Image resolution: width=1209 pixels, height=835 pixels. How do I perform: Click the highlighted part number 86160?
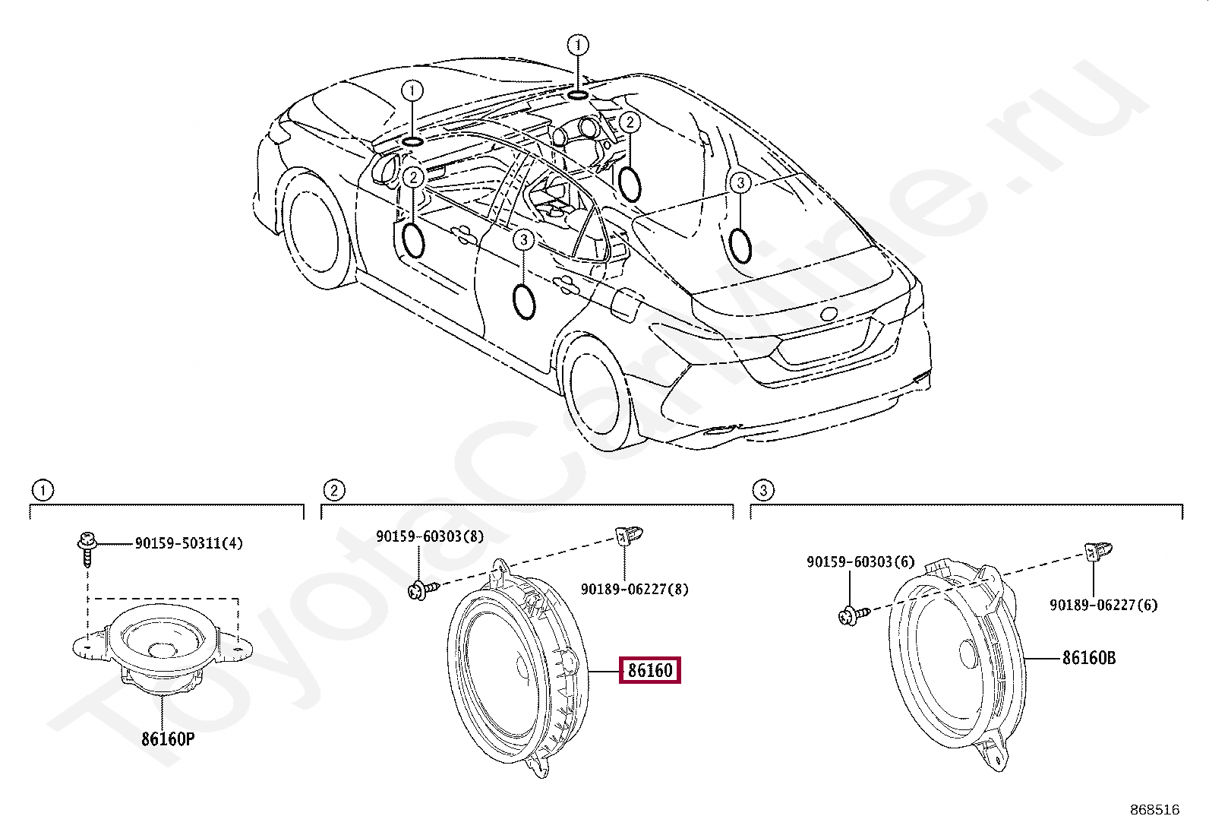point(650,670)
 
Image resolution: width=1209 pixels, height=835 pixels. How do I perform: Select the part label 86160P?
point(168,739)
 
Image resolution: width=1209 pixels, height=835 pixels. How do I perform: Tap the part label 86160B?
point(1088,658)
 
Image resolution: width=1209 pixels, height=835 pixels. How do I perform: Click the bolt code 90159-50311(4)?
point(189,543)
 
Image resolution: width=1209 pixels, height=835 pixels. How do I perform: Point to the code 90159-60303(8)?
point(430,536)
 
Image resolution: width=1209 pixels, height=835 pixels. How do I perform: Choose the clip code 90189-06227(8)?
point(634,590)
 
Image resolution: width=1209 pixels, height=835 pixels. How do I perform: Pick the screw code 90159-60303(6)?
point(860,562)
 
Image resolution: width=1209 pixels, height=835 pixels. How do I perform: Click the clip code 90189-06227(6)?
point(1103,605)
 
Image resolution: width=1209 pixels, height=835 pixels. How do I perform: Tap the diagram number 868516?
point(1154,810)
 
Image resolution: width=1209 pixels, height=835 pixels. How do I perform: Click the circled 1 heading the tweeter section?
point(43,490)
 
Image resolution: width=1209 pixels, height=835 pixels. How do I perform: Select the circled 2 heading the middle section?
point(333,490)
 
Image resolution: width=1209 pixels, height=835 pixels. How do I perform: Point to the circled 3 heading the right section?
point(763,490)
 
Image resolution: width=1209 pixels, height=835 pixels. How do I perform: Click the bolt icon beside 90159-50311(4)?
point(87,547)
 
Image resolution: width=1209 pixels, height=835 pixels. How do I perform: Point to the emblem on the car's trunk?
point(828,314)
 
